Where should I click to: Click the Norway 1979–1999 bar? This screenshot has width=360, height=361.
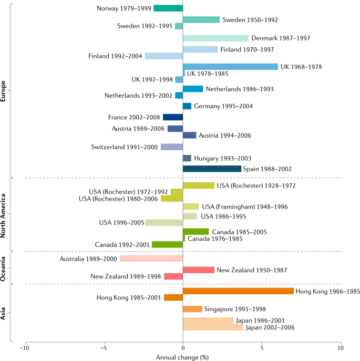(x=168, y=8)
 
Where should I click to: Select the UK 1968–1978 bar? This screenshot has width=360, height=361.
(x=230, y=67)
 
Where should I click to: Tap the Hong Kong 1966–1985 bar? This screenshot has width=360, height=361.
(x=239, y=291)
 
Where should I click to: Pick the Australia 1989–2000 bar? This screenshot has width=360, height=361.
(x=151, y=259)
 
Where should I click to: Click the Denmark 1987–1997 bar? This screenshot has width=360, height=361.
(x=215, y=38)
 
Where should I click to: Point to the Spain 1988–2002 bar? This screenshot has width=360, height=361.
(x=212, y=169)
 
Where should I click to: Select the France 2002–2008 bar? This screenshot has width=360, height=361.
(x=173, y=117)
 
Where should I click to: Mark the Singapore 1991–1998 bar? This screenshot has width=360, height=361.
(x=192, y=309)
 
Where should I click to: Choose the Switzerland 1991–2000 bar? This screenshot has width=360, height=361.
(x=172, y=147)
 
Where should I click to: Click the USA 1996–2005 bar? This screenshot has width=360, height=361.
(x=164, y=223)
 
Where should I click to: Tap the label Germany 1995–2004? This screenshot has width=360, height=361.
(x=223, y=106)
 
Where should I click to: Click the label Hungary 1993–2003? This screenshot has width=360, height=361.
(x=222, y=158)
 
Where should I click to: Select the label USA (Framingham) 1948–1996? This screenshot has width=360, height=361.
(x=245, y=207)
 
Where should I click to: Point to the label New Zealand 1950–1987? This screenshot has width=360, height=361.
(x=252, y=270)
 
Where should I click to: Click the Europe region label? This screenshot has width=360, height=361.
(x=3, y=91)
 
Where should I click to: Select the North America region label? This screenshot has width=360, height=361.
(x=3, y=215)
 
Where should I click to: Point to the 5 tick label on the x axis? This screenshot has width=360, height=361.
(x=262, y=348)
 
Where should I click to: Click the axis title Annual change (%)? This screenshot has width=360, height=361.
(x=182, y=357)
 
